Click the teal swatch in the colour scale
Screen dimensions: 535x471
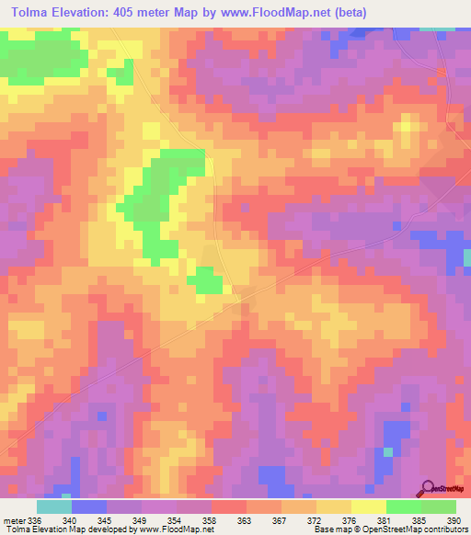(54, 507)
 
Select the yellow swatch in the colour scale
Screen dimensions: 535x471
(369, 507)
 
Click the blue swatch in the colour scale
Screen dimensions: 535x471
(89, 507)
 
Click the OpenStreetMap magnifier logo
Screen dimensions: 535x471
(429, 488)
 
